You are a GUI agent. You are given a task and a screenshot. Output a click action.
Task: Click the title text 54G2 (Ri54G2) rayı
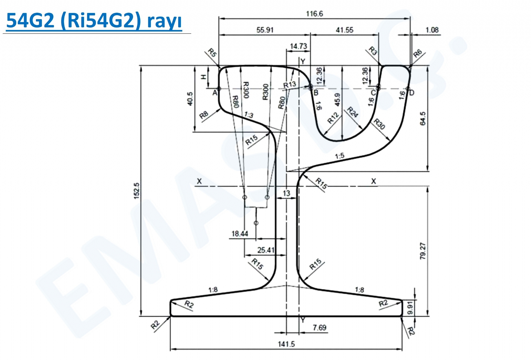[x=94, y=21]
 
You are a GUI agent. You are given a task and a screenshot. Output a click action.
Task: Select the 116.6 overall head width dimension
[x=314, y=14]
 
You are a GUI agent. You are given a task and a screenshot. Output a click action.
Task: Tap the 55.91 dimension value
[x=265, y=30]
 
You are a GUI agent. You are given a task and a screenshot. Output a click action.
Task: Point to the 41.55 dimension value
[x=344, y=30]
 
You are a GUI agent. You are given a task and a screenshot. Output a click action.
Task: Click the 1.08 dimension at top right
[x=432, y=30]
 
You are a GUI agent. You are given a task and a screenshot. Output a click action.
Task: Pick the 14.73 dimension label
[x=298, y=46]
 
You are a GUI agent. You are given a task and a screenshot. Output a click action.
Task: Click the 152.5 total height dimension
[x=137, y=191]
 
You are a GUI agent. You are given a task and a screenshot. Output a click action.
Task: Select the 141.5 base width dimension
[x=286, y=344]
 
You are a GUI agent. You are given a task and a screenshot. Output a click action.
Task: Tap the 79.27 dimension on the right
[x=423, y=251]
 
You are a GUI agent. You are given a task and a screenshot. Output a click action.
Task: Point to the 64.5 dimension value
[x=423, y=119]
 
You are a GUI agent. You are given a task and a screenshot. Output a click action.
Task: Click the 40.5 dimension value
[x=190, y=99]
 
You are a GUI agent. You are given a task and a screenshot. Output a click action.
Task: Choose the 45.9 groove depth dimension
[x=338, y=100]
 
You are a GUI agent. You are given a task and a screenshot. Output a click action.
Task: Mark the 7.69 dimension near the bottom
[x=319, y=328]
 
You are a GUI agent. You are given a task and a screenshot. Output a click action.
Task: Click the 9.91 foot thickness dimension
[x=410, y=308]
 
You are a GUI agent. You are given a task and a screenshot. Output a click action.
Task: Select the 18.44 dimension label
[x=240, y=234]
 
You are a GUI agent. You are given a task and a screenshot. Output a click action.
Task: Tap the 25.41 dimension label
[x=266, y=250]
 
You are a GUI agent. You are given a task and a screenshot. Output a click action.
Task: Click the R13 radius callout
[x=290, y=85]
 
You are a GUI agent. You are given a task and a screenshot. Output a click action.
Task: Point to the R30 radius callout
[x=379, y=124]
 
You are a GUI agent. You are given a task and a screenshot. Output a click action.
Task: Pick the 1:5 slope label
[x=340, y=156]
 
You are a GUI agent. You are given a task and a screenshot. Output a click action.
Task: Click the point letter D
[x=412, y=93]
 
